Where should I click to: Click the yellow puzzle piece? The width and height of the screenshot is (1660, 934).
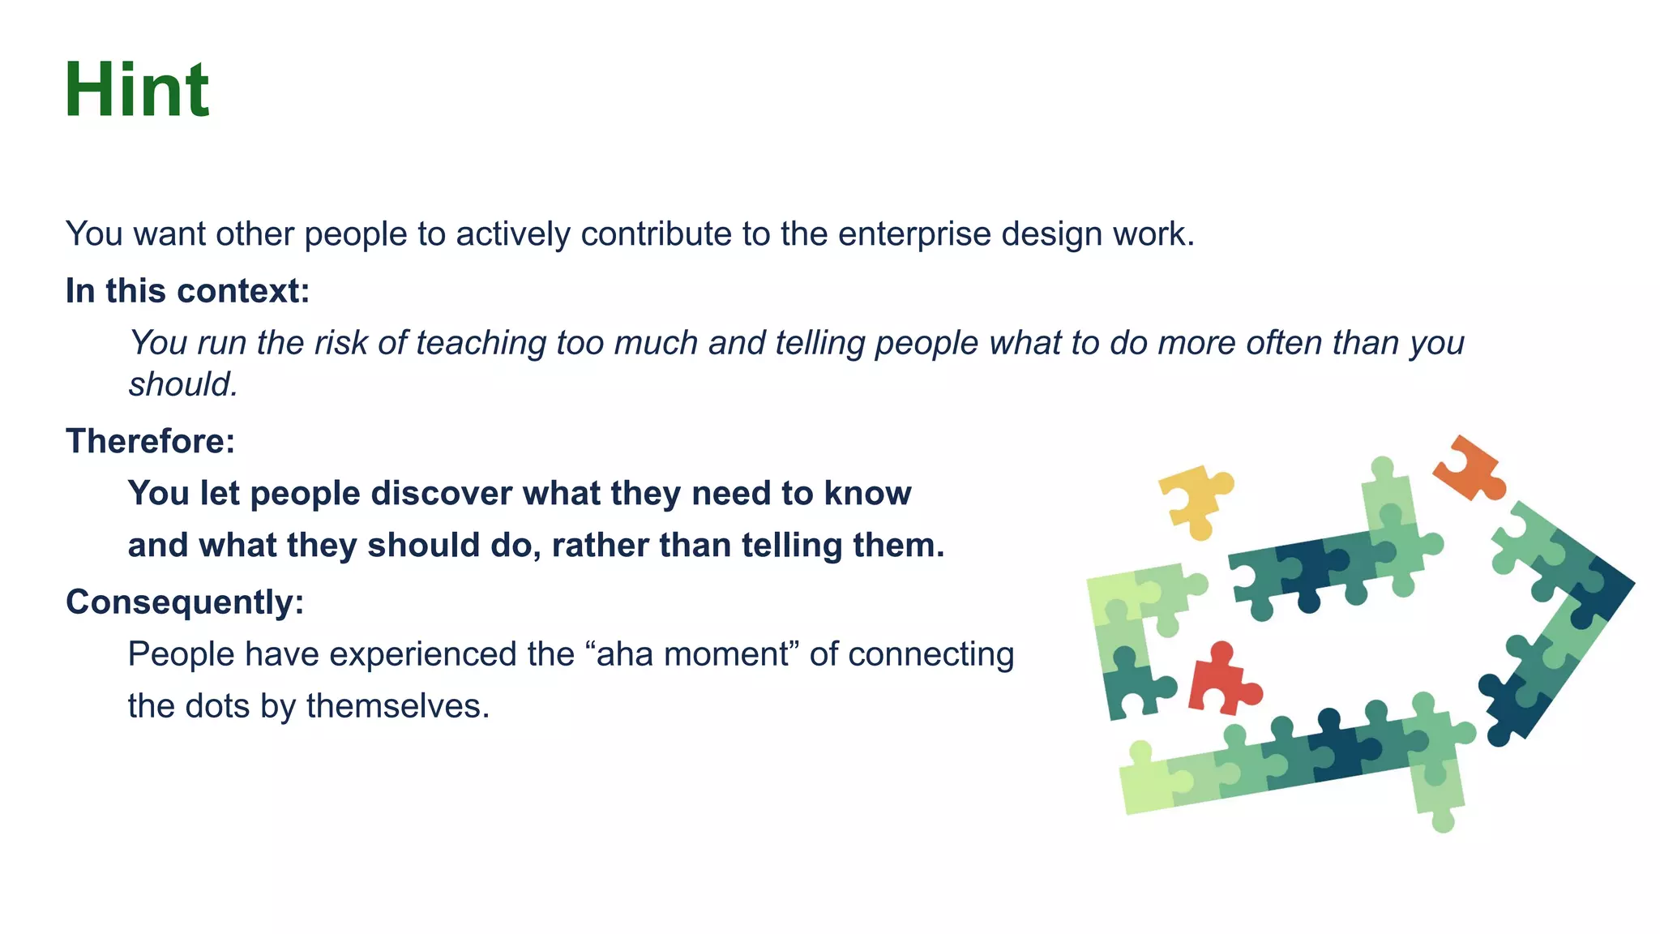[1192, 499]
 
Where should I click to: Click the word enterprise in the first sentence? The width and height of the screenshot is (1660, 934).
[914, 234]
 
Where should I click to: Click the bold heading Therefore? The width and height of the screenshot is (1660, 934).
[150, 442]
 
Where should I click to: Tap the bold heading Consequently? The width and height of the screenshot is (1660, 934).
[185, 602]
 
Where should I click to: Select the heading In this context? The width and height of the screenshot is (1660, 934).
[187, 291]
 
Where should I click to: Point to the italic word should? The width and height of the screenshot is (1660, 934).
[183, 385]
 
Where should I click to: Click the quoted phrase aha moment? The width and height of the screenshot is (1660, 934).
[691, 654]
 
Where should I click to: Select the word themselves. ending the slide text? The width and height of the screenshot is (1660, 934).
[397, 706]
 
